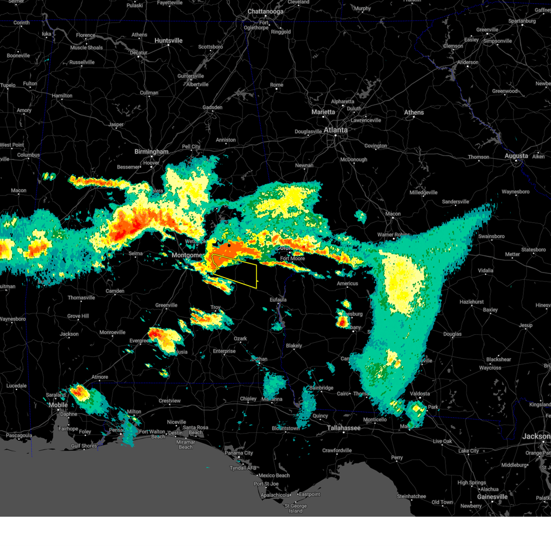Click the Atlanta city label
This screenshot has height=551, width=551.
336,130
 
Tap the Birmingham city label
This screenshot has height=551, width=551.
152,152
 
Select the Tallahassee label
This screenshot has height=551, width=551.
343,428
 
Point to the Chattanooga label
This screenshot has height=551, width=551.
265,11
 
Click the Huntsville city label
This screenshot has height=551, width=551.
169,41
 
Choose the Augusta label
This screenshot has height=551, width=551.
516,156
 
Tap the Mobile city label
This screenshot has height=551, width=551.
58,405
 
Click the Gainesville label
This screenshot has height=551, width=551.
492,497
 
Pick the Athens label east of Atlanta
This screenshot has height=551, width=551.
414,112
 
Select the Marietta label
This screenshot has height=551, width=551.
323,112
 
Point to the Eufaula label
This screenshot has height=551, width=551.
278,300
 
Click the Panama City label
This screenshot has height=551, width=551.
239,453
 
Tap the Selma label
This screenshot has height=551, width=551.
135,253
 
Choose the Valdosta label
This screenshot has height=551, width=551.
420,394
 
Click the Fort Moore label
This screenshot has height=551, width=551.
292,259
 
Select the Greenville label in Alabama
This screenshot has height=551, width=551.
166,305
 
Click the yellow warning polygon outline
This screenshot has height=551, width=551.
256,275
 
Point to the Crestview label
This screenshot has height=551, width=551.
169,401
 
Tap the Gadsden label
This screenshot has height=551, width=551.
212,107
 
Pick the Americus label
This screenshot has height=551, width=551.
347,283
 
